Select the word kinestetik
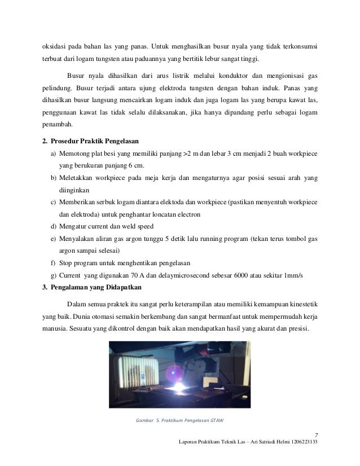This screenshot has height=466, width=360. (x=303, y=302)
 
